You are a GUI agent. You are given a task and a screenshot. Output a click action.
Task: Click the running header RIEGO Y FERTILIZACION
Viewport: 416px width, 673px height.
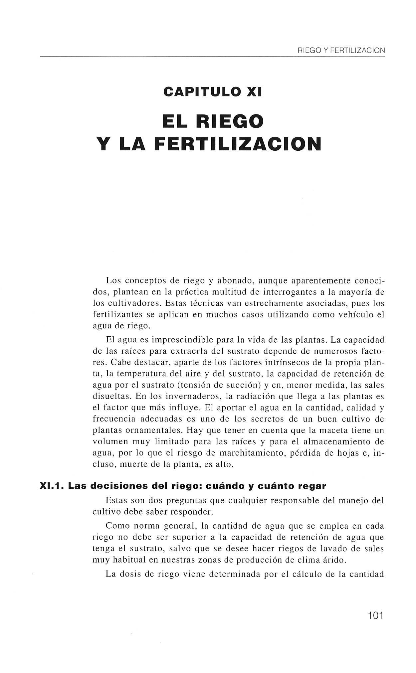(341, 51)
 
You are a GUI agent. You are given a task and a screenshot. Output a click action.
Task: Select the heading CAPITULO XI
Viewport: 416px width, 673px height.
(213, 91)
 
